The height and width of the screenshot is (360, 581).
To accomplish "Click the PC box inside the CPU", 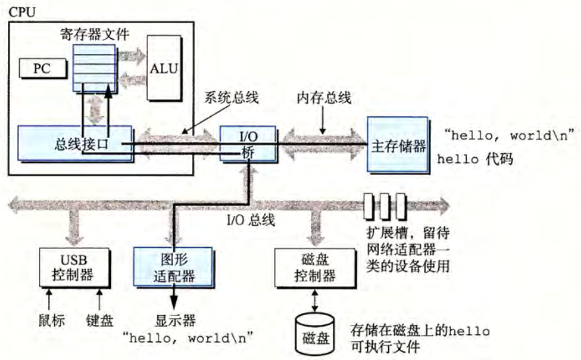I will [x=42, y=68].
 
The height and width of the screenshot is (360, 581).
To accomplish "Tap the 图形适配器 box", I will [x=173, y=267].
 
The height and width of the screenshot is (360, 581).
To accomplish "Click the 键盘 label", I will [x=100, y=321].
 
